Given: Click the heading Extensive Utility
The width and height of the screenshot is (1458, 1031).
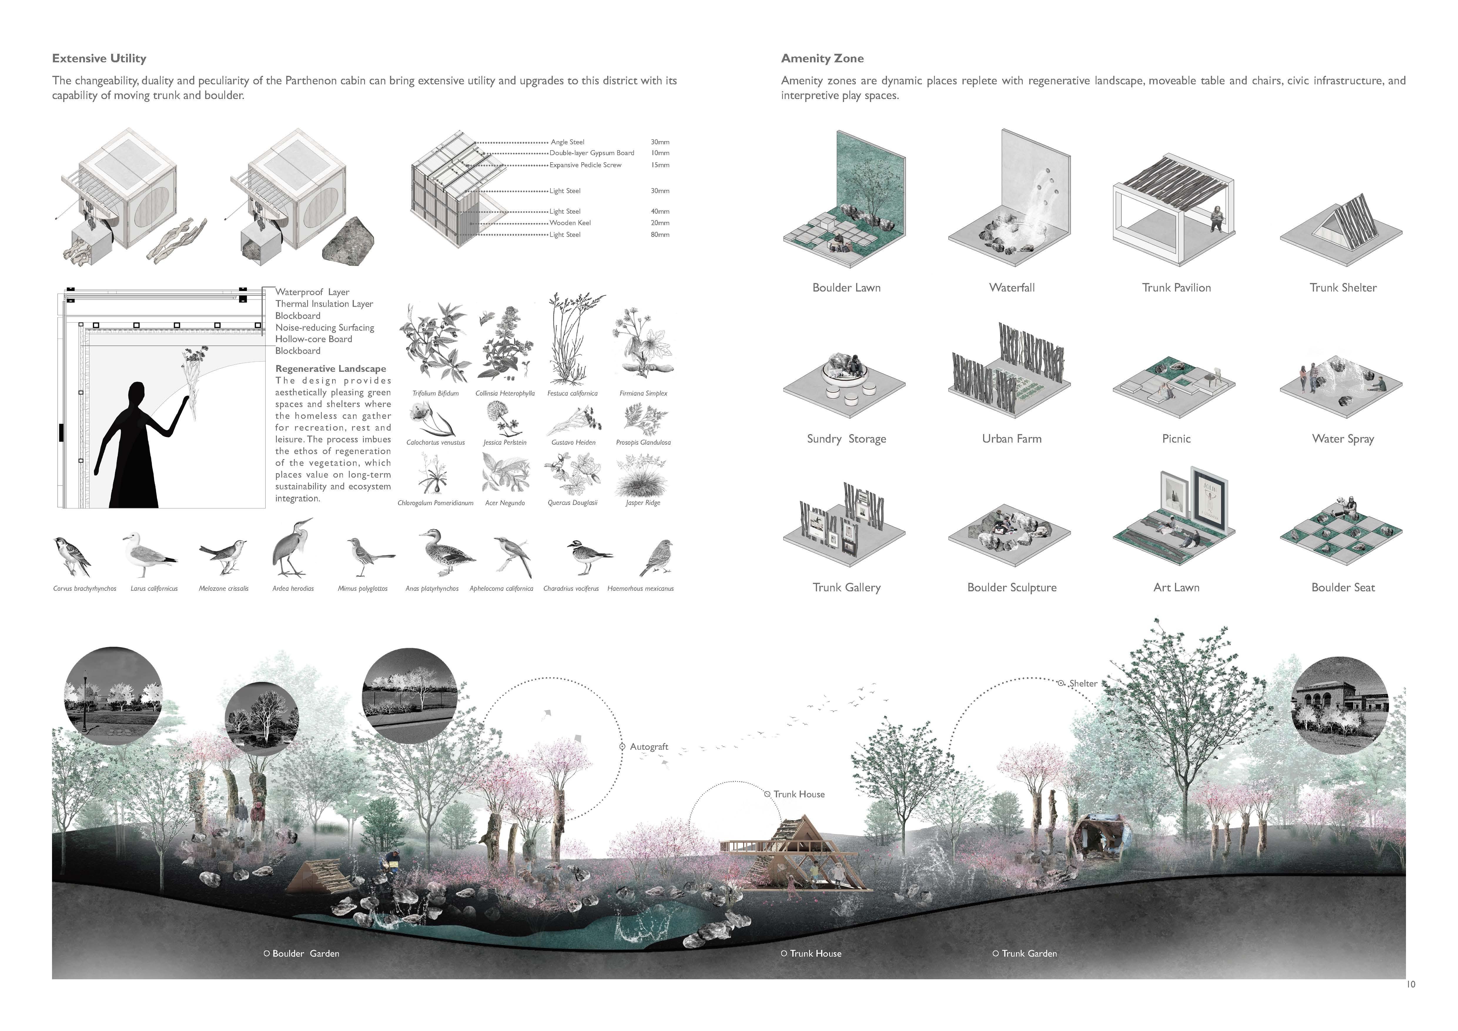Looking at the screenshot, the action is [x=99, y=58].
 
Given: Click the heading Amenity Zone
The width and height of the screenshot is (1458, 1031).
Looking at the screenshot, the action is [x=822, y=58].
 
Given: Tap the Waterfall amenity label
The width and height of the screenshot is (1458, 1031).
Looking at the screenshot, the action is [x=1012, y=288].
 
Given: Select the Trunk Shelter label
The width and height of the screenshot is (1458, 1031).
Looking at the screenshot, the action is [x=1343, y=288].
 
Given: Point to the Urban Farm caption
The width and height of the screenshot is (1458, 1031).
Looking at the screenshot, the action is [x=1012, y=439].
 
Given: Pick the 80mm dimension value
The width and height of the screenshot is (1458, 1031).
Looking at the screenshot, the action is [x=660, y=235].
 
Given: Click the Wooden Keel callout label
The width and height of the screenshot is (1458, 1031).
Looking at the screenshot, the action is [x=570, y=223].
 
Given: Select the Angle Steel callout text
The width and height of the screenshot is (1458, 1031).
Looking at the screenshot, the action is [x=567, y=142].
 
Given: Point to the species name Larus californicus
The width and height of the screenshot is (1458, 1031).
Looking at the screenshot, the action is [x=154, y=588].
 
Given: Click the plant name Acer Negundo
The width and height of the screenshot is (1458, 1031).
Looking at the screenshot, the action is [x=505, y=503].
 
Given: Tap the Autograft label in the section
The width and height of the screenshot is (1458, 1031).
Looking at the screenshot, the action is [x=648, y=747].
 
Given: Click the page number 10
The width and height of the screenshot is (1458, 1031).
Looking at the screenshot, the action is [x=1410, y=985].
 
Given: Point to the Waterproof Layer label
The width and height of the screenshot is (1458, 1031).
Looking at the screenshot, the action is [x=312, y=292].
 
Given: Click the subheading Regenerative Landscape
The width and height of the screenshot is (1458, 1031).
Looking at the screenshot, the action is [x=330, y=369].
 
